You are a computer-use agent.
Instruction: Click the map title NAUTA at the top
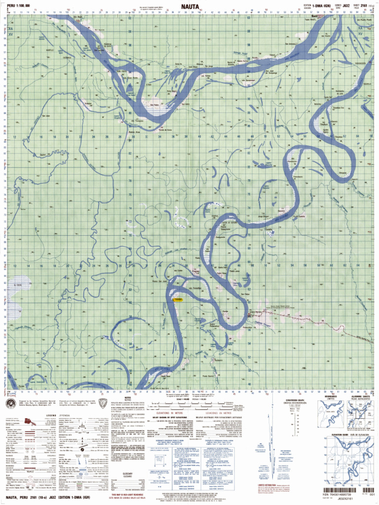tap(189, 6)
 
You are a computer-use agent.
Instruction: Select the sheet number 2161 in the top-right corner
tap(364, 5)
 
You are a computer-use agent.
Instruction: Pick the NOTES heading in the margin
tap(128, 397)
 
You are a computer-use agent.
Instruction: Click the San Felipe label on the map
tap(245, 295)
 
